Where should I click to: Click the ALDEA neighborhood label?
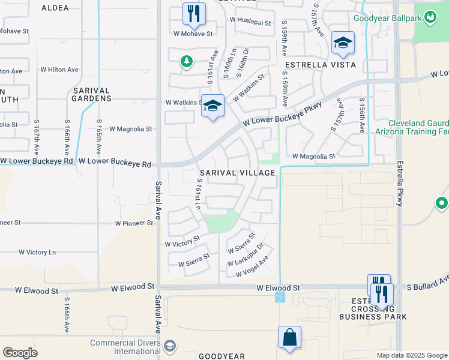[55, 8]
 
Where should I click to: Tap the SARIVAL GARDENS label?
[91, 95]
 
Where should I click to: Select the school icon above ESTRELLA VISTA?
[343, 43]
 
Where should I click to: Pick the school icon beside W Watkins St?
[212, 106]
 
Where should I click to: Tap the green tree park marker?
[187, 61]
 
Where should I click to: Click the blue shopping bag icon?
[289, 337]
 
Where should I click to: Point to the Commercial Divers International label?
[125, 347]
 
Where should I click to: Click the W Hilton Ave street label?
[59, 70]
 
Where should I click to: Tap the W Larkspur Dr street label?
[246, 256]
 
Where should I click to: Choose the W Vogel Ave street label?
[252, 266]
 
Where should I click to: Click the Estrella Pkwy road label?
[399, 184]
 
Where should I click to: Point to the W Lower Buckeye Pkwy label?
[283, 113]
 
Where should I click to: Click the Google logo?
[20, 353]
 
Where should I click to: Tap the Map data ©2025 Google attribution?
[411, 355]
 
